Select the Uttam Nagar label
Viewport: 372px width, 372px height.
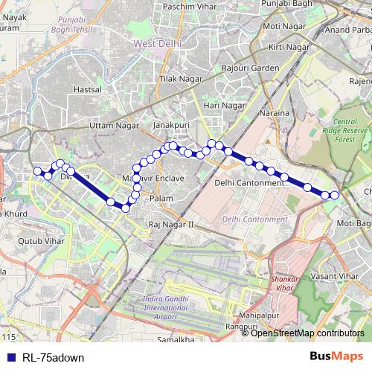tap(114, 126)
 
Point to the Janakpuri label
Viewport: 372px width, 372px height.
tap(169, 126)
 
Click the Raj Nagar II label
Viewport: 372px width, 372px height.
tap(170, 224)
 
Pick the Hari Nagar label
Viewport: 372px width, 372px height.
tap(225, 106)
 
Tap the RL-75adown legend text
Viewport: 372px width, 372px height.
tap(53, 358)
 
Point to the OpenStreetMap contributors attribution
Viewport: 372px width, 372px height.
tap(308, 333)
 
